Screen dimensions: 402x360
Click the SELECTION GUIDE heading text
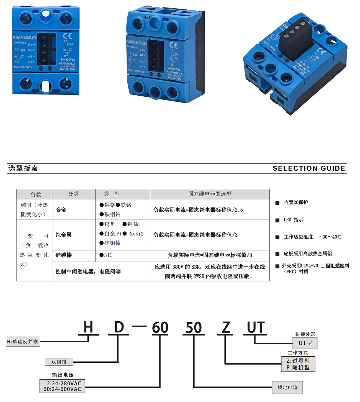pos(309,168)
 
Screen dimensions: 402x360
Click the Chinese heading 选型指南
pos(23,168)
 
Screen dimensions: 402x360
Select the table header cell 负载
pos(35,194)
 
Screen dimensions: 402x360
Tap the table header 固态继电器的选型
pos(210,194)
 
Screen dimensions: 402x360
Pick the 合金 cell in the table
pos(61,210)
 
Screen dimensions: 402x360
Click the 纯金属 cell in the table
pos(63,235)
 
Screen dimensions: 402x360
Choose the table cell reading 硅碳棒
pos(63,255)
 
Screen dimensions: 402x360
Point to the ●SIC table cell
pos(106,255)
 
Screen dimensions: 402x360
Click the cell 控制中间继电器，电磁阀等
pos(88,272)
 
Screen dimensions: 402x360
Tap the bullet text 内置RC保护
pos(296,202)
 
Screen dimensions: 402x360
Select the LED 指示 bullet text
pos(293,220)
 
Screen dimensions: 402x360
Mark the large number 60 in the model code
pos(160,327)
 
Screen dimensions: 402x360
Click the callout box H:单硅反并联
pos(23,342)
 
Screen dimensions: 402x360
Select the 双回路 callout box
pos(59,362)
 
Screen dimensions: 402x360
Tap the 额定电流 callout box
pos(287,387)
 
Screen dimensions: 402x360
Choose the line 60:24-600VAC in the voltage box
pos(62,389)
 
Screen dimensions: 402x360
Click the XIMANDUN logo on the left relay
pos(24,37)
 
